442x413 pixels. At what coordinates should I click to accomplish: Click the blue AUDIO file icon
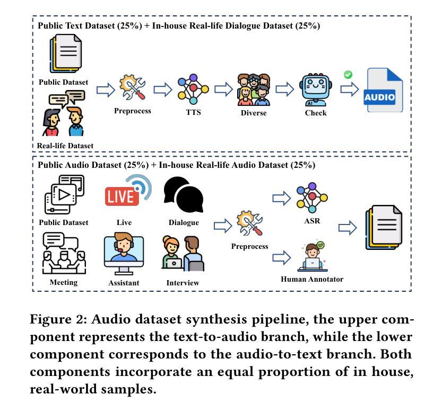point(383,91)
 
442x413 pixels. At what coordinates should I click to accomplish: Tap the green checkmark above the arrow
point(348,75)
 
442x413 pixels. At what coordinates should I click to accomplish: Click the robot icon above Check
point(315,91)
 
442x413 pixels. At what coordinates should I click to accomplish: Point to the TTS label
point(193,112)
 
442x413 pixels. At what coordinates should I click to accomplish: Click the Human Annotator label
point(312,279)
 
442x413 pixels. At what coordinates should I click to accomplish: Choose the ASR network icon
point(312,197)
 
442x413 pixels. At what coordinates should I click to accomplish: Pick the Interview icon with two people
point(183,254)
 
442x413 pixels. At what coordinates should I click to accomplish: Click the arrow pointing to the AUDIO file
point(349,89)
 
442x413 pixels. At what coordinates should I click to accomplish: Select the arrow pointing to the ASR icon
point(282,198)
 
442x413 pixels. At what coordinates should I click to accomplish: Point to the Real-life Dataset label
point(65,146)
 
